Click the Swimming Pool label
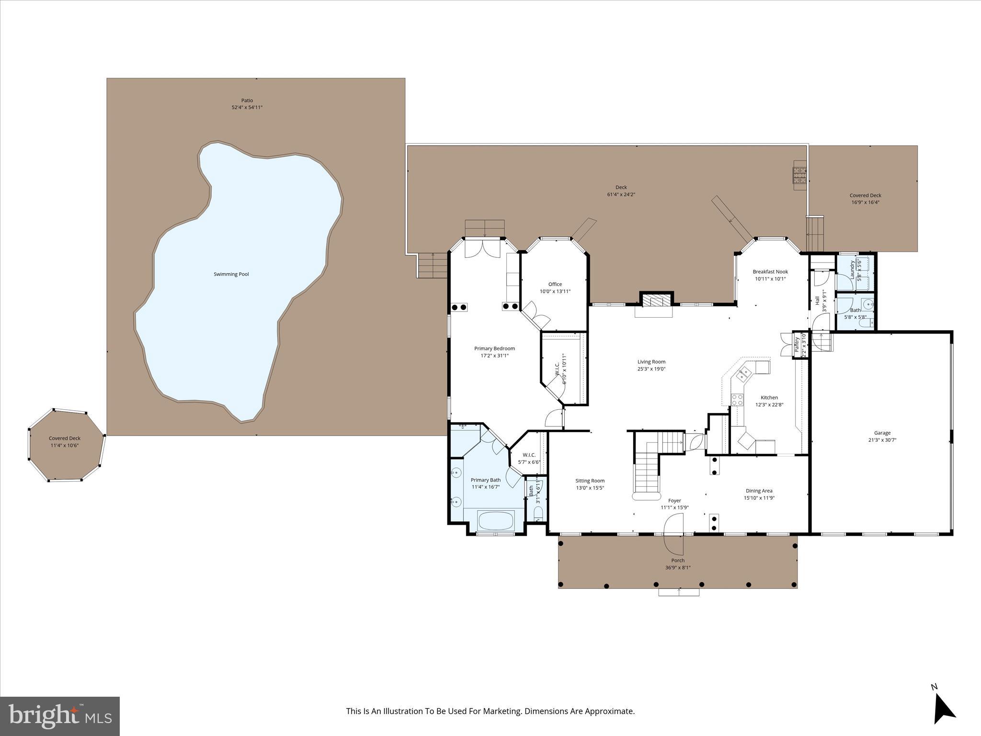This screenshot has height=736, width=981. (231, 274)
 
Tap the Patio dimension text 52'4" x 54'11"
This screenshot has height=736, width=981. (247, 107)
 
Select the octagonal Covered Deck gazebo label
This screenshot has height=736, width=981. (65, 438)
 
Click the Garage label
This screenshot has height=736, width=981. (882, 433)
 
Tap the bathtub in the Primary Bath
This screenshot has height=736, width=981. (495, 520)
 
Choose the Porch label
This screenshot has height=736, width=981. (678, 560)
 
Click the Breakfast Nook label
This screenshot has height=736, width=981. (770, 272)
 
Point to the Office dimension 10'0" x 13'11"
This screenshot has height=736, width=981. (555, 291)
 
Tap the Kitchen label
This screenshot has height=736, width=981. (769, 397)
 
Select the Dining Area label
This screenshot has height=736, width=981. (759, 491)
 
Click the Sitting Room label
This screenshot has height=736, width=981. (590, 481)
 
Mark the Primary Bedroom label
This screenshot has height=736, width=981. (494, 348)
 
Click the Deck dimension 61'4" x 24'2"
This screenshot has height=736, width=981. (621, 195)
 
